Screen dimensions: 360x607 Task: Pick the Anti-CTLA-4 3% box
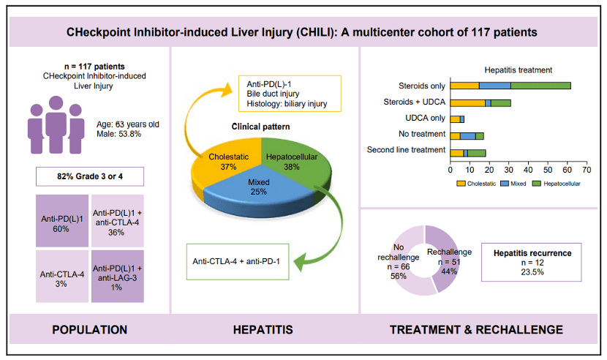tap(61, 276)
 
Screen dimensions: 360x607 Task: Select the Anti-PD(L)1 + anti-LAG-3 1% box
tap(117, 276)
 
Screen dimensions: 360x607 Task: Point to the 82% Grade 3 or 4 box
tap(89, 177)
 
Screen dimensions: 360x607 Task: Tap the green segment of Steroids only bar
tap(540, 86)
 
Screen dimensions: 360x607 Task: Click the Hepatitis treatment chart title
tap(517, 70)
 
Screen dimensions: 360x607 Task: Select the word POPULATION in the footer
tap(89, 330)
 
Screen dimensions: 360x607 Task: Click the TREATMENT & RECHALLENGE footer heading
tap(476, 330)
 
